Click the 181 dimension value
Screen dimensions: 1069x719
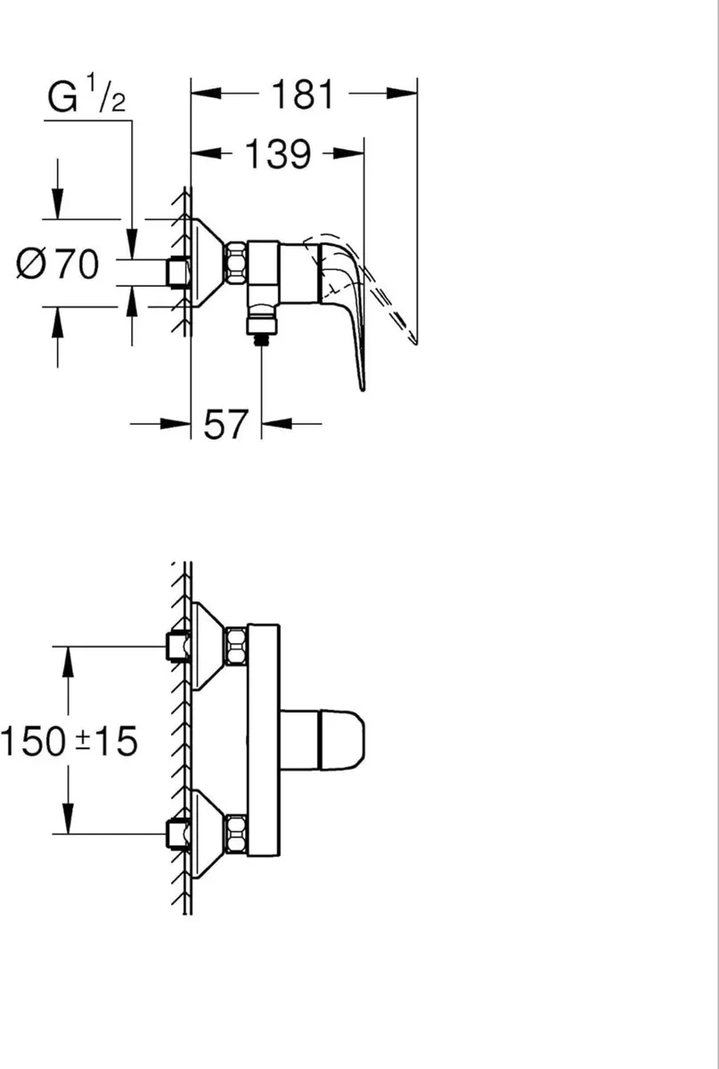[x=304, y=94]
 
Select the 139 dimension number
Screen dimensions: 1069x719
[x=278, y=155]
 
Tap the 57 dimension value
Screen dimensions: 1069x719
[x=225, y=425]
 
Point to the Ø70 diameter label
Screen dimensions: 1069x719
[x=59, y=265]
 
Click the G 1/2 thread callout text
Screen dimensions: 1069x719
[x=86, y=98]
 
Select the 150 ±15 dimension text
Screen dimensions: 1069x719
[x=69, y=741]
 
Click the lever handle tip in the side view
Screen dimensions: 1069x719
[x=362, y=383]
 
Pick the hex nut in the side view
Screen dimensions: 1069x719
[x=236, y=264]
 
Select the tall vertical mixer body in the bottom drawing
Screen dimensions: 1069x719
[x=264, y=739]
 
